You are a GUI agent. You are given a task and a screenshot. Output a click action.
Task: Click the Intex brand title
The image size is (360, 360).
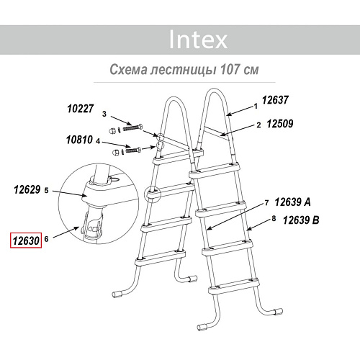198,40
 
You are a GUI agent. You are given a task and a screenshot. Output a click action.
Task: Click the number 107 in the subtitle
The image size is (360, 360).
230,69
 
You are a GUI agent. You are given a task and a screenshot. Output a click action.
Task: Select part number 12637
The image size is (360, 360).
275,100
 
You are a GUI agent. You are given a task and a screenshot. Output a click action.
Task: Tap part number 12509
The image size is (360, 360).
280,124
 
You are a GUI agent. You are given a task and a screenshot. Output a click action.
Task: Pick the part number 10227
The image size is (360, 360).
80,109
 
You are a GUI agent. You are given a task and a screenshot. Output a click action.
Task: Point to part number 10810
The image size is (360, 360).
79,140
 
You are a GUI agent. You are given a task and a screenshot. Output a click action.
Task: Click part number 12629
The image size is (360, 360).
27,189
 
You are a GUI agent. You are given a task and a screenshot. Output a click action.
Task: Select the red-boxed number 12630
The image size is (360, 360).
26,240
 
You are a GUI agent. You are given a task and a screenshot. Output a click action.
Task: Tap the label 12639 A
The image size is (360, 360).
292,202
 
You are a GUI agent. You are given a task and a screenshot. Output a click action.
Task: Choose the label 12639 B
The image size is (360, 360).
301,220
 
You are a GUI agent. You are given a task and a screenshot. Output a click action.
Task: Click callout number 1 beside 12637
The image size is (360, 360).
256,106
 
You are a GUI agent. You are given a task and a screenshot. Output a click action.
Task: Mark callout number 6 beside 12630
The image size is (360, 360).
46,239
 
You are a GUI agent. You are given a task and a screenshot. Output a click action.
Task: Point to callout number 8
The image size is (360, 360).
274,219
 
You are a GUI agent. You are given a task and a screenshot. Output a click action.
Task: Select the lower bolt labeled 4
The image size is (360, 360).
132,150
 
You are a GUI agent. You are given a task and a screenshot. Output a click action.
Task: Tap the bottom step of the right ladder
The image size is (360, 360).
234,286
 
